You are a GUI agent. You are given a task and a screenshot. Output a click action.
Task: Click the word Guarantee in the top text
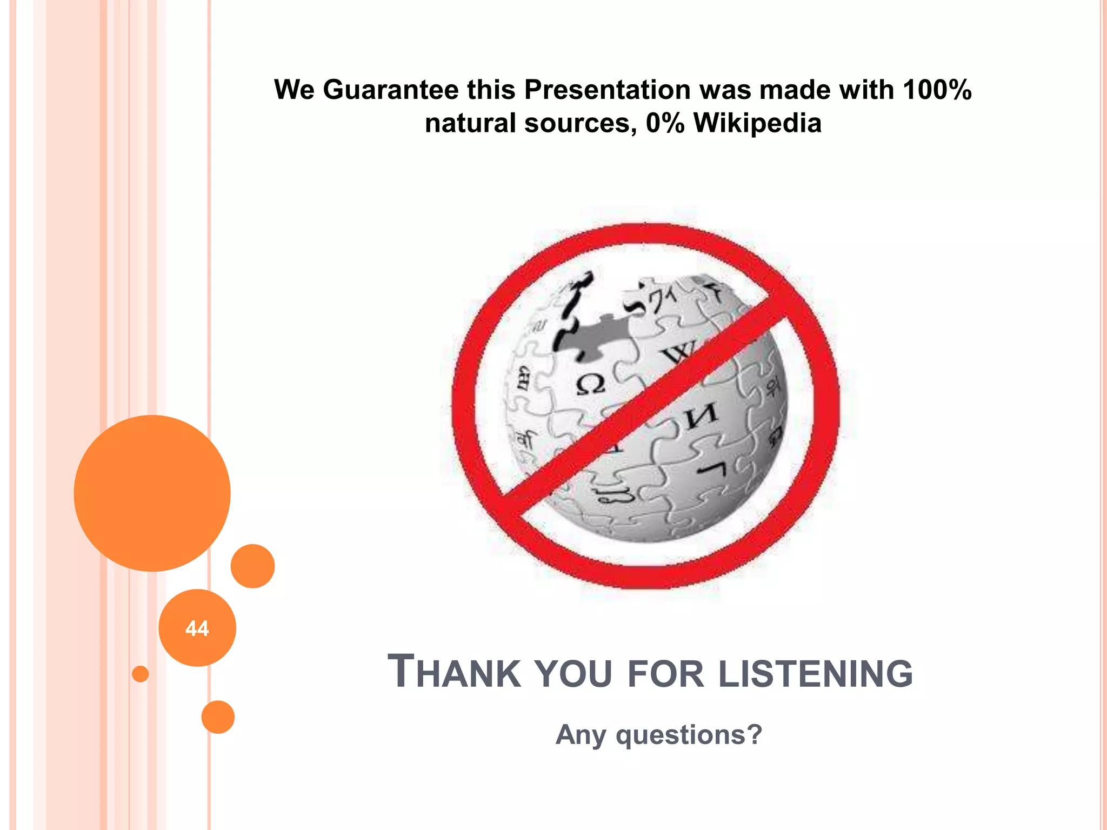tap(390, 89)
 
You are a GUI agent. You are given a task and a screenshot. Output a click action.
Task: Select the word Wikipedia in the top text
tap(757, 123)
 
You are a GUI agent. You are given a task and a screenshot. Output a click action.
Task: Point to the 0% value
tap(665, 123)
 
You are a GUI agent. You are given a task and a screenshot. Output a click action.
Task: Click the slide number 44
tap(197, 628)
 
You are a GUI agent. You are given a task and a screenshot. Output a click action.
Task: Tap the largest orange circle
tap(152, 493)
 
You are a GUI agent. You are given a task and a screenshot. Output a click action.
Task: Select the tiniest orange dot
tap(141, 674)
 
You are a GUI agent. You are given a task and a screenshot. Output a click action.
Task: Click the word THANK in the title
tap(454, 673)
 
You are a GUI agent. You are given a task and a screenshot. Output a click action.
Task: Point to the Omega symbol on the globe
tap(590, 385)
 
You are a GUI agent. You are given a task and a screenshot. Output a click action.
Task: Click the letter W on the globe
tap(676, 354)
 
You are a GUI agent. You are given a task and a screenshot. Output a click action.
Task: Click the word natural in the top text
tap(470, 123)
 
